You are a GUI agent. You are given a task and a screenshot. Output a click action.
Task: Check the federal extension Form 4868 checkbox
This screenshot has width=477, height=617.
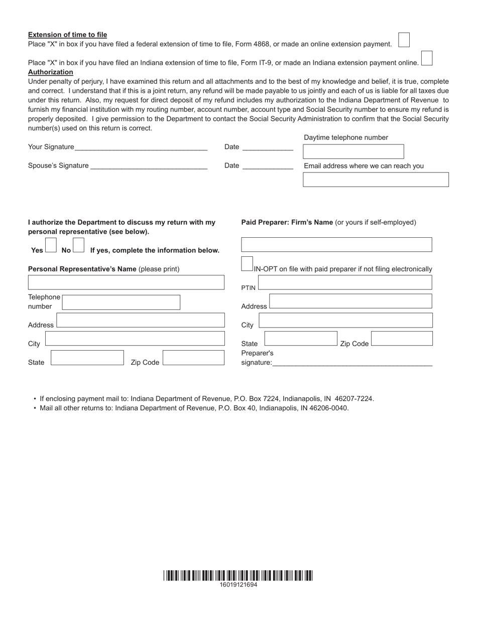point(404,40)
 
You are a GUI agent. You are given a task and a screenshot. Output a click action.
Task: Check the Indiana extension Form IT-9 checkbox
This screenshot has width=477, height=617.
point(426,58)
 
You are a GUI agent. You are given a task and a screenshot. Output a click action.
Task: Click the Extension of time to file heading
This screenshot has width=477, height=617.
point(67,35)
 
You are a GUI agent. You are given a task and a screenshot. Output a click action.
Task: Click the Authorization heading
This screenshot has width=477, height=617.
point(50,72)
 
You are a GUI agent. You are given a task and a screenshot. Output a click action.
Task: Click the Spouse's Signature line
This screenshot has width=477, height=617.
point(149,165)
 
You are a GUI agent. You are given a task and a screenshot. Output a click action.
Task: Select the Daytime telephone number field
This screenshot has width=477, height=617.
point(353,151)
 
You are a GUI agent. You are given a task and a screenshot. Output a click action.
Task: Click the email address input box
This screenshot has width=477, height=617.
point(376,180)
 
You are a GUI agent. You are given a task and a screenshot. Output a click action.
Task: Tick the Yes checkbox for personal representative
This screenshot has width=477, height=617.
point(51,245)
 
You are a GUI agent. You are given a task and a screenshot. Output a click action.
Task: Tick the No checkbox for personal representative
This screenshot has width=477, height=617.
point(78,245)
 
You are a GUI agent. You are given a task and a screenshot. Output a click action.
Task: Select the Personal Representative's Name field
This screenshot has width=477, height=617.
point(126,282)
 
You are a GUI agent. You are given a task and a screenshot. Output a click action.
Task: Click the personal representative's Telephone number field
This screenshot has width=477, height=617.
point(121,302)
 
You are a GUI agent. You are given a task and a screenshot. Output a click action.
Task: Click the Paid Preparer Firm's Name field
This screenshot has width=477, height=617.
point(336,244)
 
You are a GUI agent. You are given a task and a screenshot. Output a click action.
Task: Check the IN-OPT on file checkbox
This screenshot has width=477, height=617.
point(247,264)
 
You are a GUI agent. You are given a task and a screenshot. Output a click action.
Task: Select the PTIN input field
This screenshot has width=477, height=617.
point(344,282)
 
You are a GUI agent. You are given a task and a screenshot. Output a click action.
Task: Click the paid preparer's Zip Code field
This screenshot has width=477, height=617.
point(402,339)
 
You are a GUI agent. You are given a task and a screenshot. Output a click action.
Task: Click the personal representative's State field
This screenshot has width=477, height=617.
point(87,358)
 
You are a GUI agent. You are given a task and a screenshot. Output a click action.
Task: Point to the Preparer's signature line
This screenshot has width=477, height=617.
point(351,362)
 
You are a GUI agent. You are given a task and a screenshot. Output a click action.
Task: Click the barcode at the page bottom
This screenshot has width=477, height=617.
point(238,575)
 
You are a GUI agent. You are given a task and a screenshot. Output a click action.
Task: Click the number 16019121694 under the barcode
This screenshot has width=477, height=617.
point(238,585)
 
